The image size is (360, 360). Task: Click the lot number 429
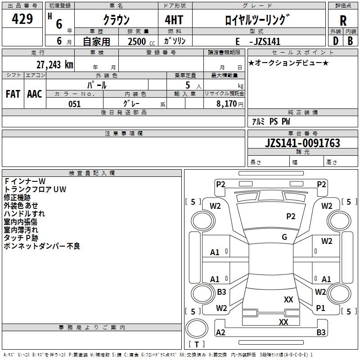click(x=22, y=18)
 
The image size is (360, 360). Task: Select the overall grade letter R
click(x=343, y=21)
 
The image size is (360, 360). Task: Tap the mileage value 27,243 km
click(x=55, y=65)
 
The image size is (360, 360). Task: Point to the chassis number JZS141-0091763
click(x=302, y=143)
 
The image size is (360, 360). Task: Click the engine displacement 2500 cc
click(x=141, y=41)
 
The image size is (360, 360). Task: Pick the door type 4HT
click(x=174, y=20)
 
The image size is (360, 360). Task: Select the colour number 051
click(x=74, y=104)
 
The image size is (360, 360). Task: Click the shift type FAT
click(x=13, y=94)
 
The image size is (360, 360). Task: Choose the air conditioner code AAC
click(x=35, y=94)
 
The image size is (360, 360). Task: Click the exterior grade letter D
click(x=336, y=41)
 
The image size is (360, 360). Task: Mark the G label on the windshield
click(x=284, y=237)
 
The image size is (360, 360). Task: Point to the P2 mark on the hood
click(x=291, y=216)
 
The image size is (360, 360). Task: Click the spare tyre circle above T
click(x=197, y=328)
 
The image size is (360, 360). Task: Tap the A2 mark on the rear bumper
click(x=220, y=333)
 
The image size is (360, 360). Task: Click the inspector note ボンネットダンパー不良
click(x=42, y=246)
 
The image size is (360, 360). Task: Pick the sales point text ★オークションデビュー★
click(x=288, y=63)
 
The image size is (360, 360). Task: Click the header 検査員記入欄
click(x=92, y=173)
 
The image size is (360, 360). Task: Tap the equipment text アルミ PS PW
click(x=271, y=121)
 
